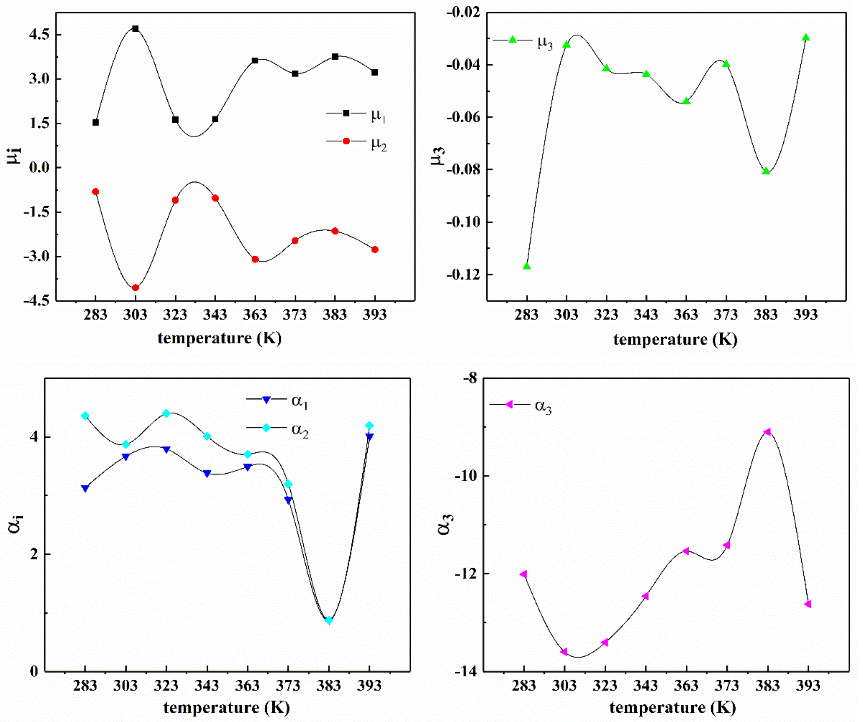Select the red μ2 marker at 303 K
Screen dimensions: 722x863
point(135,288)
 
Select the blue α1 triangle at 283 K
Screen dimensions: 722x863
point(85,488)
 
